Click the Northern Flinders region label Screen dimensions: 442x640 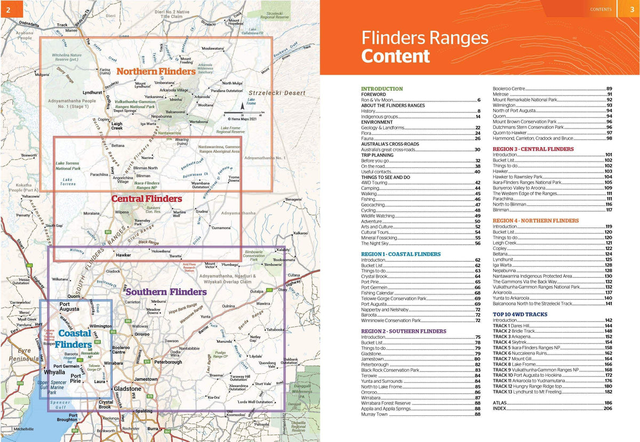pos(156,71)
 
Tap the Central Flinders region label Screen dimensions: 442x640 pos(147,199)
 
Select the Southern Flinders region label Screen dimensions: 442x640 pos(165,292)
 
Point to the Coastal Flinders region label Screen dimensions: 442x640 pos(75,339)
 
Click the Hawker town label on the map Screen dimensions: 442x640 pos(123,255)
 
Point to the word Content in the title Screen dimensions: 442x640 pos(395,56)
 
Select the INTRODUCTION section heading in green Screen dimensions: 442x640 pos(382,89)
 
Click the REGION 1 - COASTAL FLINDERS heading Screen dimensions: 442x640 pos(401,254)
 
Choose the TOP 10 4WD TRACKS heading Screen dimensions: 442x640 pos(520,315)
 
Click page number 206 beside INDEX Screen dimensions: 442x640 pos(607,408)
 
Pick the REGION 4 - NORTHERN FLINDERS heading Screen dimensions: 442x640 pos(535,221)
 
